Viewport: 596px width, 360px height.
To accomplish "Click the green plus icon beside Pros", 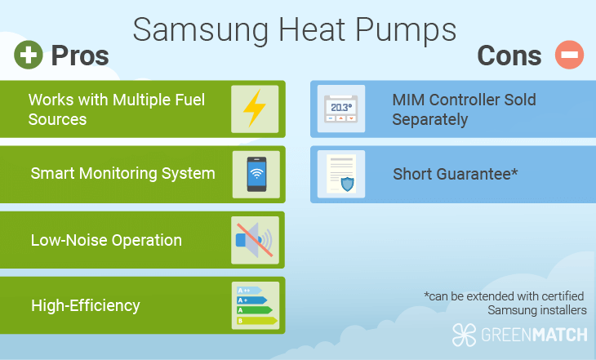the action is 29,55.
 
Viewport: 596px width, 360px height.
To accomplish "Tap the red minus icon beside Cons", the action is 569,55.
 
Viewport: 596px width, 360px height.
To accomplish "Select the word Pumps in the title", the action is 406,30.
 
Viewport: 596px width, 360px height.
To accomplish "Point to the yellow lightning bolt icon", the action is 254,109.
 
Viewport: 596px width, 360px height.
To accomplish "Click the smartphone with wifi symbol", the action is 256,174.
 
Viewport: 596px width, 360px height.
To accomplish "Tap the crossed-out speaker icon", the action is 255,240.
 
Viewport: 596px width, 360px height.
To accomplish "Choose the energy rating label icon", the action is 256,305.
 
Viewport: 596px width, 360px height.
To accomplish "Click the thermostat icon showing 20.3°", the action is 341,109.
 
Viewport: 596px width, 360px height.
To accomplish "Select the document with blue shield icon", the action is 341,174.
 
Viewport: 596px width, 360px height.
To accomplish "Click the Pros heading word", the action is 80,56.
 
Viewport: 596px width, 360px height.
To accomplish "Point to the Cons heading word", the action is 509,56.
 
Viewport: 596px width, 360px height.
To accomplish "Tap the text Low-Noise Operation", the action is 106,240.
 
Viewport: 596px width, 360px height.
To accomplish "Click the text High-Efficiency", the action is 86,305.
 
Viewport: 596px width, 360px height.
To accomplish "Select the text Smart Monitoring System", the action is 122,173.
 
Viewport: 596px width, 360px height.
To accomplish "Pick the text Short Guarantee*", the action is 456,174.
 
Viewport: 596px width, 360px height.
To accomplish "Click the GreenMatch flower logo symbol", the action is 464,335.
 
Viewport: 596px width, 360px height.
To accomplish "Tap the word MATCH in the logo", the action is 560,336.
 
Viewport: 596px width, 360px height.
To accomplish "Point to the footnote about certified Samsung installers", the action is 505,304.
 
